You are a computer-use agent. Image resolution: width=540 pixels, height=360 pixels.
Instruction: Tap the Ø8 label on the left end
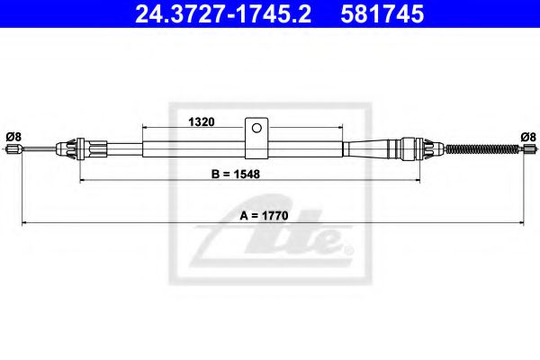(13, 136)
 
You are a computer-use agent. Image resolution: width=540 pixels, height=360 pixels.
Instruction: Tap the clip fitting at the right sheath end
(410, 148)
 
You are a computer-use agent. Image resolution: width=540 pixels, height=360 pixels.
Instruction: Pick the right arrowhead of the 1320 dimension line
(339, 129)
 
